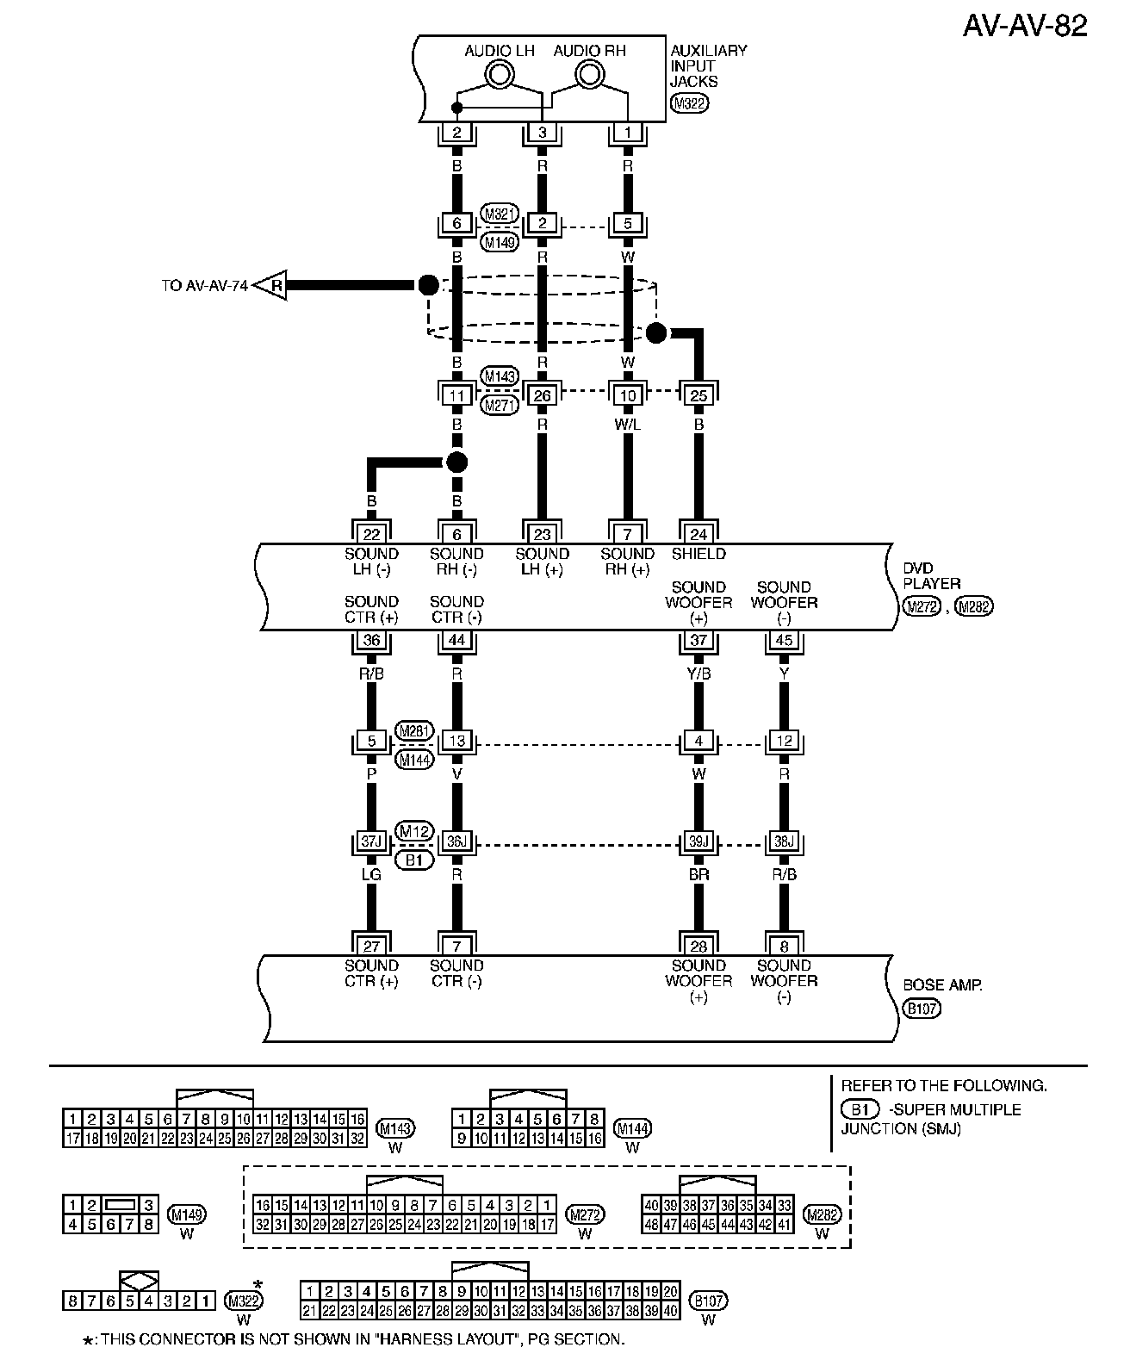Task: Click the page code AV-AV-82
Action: click(x=1024, y=26)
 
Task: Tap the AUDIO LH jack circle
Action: click(x=500, y=76)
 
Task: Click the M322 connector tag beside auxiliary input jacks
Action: click(x=689, y=104)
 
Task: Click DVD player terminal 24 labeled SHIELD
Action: click(x=698, y=534)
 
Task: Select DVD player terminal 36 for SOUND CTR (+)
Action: click(x=371, y=641)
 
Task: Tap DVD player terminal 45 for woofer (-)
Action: click(x=784, y=641)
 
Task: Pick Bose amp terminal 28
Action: click(x=698, y=946)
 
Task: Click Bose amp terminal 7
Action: click(x=456, y=946)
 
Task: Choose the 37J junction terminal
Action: click(x=371, y=841)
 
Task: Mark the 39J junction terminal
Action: click(x=698, y=841)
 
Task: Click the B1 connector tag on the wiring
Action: click(x=414, y=860)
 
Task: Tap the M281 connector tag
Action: click(x=414, y=731)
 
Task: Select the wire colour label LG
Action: click(x=371, y=875)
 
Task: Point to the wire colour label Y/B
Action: click(x=698, y=674)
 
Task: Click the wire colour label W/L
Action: click(x=628, y=425)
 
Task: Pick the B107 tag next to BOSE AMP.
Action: click(x=921, y=1009)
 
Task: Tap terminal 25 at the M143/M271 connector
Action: click(x=698, y=396)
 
